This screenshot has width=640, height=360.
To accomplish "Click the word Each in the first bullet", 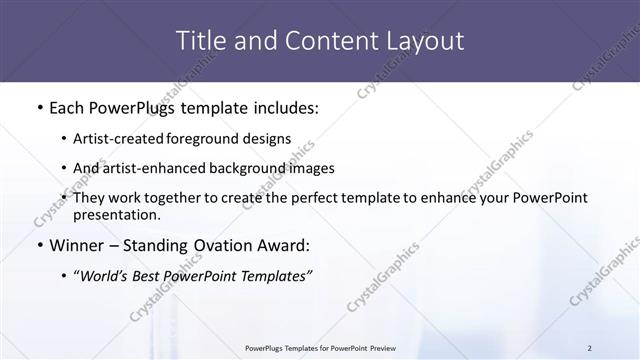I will (66, 107).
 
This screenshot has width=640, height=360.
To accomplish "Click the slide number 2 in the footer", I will (589, 348).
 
